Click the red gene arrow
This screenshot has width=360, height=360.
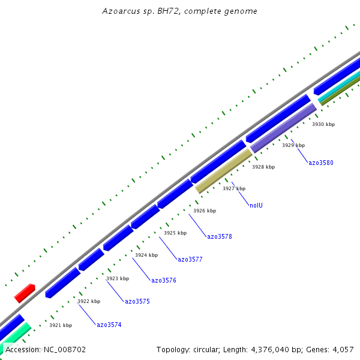pos(25,293)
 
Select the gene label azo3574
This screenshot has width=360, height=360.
pos(109,325)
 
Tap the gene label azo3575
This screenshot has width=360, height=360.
pos(137,301)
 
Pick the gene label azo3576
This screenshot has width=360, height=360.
pos(164,280)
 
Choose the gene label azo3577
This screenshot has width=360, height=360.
pos(190,259)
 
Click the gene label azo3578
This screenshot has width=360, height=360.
pos(220,236)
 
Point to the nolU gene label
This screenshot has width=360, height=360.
pos(256,205)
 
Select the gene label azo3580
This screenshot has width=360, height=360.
pos(321,163)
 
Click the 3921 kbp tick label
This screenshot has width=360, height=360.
pos(61,325)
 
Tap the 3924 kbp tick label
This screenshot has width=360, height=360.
pos(146,255)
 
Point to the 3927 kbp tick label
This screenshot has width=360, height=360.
pos(234,188)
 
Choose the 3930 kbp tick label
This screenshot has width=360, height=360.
pos(323,124)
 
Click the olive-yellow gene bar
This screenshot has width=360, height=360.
pos(223,171)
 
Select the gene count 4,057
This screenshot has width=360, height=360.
pos(343,349)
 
